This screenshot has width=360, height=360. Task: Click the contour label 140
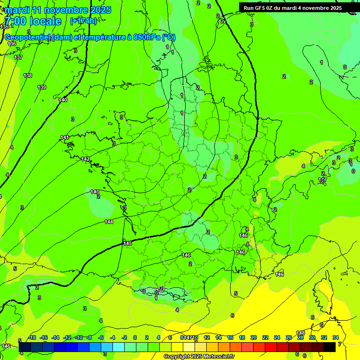point(63,100)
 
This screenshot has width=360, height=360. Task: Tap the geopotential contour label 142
point(85,159)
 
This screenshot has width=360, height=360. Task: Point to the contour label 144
point(109,222)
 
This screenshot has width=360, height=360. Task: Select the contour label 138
point(28,75)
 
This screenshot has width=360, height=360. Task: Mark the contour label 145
point(127,243)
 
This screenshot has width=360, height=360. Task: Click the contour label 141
point(65,137)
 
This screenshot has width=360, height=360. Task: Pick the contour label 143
point(95,192)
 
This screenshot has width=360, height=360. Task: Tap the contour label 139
point(42,87)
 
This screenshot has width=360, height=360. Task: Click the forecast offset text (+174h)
point(83,21)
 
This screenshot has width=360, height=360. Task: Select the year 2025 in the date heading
point(100,10)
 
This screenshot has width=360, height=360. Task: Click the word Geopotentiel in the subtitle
point(27,37)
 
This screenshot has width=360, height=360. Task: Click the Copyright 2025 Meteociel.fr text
point(199,357)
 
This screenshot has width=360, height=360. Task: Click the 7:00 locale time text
point(33,21)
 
